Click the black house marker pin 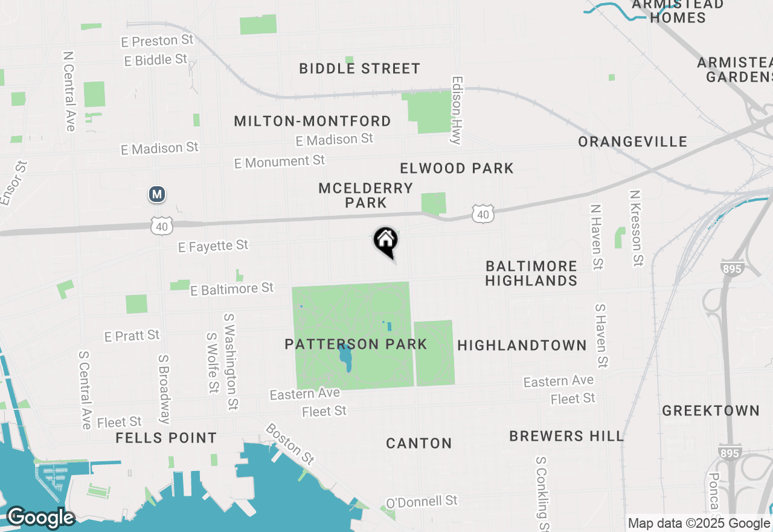(386, 241)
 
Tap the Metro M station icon (157, 194)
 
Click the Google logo (40, 517)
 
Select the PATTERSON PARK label (356, 345)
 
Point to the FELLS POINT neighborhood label (166, 438)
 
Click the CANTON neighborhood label (419, 443)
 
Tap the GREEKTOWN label (711, 410)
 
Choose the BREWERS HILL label (566, 436)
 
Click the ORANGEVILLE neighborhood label (633, 141)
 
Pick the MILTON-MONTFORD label (312, 121)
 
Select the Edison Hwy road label (457, 110)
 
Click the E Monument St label (280, 161)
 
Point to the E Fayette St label (213, 245)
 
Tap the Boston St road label (290, 444)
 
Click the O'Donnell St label (422, 501)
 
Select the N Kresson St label (635, 229)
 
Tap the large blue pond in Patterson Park (345, 358)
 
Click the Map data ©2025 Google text (699, 524)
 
